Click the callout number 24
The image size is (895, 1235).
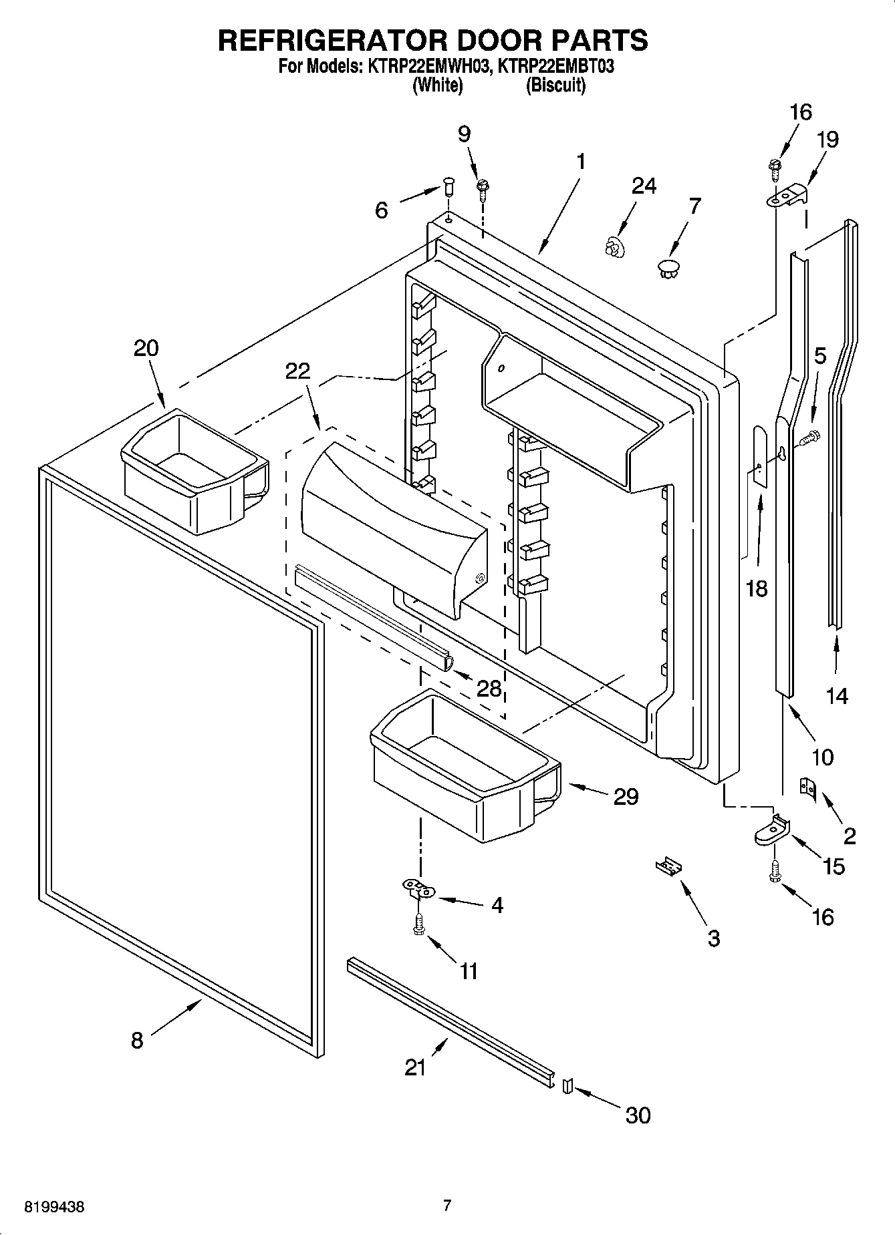[x=643, y=186]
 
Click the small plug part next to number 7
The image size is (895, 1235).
[x=668, y=270]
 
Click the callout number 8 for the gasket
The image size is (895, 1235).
[x=136, y=1040]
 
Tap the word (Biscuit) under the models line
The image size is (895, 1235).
[x=555, y=85]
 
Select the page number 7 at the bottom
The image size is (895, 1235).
[x=447, y=1206]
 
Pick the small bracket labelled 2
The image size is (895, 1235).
[x=808, y=788]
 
